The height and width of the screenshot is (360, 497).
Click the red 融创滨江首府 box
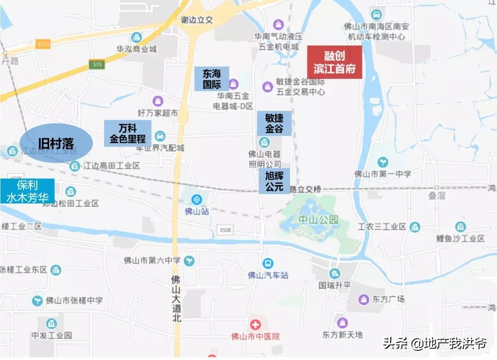click(335, 63)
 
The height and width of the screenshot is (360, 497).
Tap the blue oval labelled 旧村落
click(56, 143)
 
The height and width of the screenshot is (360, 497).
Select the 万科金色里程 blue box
click(127, 134)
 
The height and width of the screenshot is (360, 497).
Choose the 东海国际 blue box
click(212, 79)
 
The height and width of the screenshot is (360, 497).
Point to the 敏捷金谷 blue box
click(274, 123)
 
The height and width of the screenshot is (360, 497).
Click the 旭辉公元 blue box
click(274, 181)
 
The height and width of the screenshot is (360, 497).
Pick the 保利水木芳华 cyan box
click(28, 191)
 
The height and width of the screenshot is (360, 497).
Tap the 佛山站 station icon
click(197, 199)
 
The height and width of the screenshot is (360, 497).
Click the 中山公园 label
click(318, 220)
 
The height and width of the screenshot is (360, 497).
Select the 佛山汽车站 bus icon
click(268, 264)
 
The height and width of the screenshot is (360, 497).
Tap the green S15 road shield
click(97, 65)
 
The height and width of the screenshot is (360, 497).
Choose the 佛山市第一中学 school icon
click(382, 162)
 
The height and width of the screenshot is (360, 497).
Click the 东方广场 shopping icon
click(364, 300)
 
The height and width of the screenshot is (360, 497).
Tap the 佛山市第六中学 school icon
click(189, 261)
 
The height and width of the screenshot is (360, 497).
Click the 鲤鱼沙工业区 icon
click(460, 226)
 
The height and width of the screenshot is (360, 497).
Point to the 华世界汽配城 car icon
click(160, 136)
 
